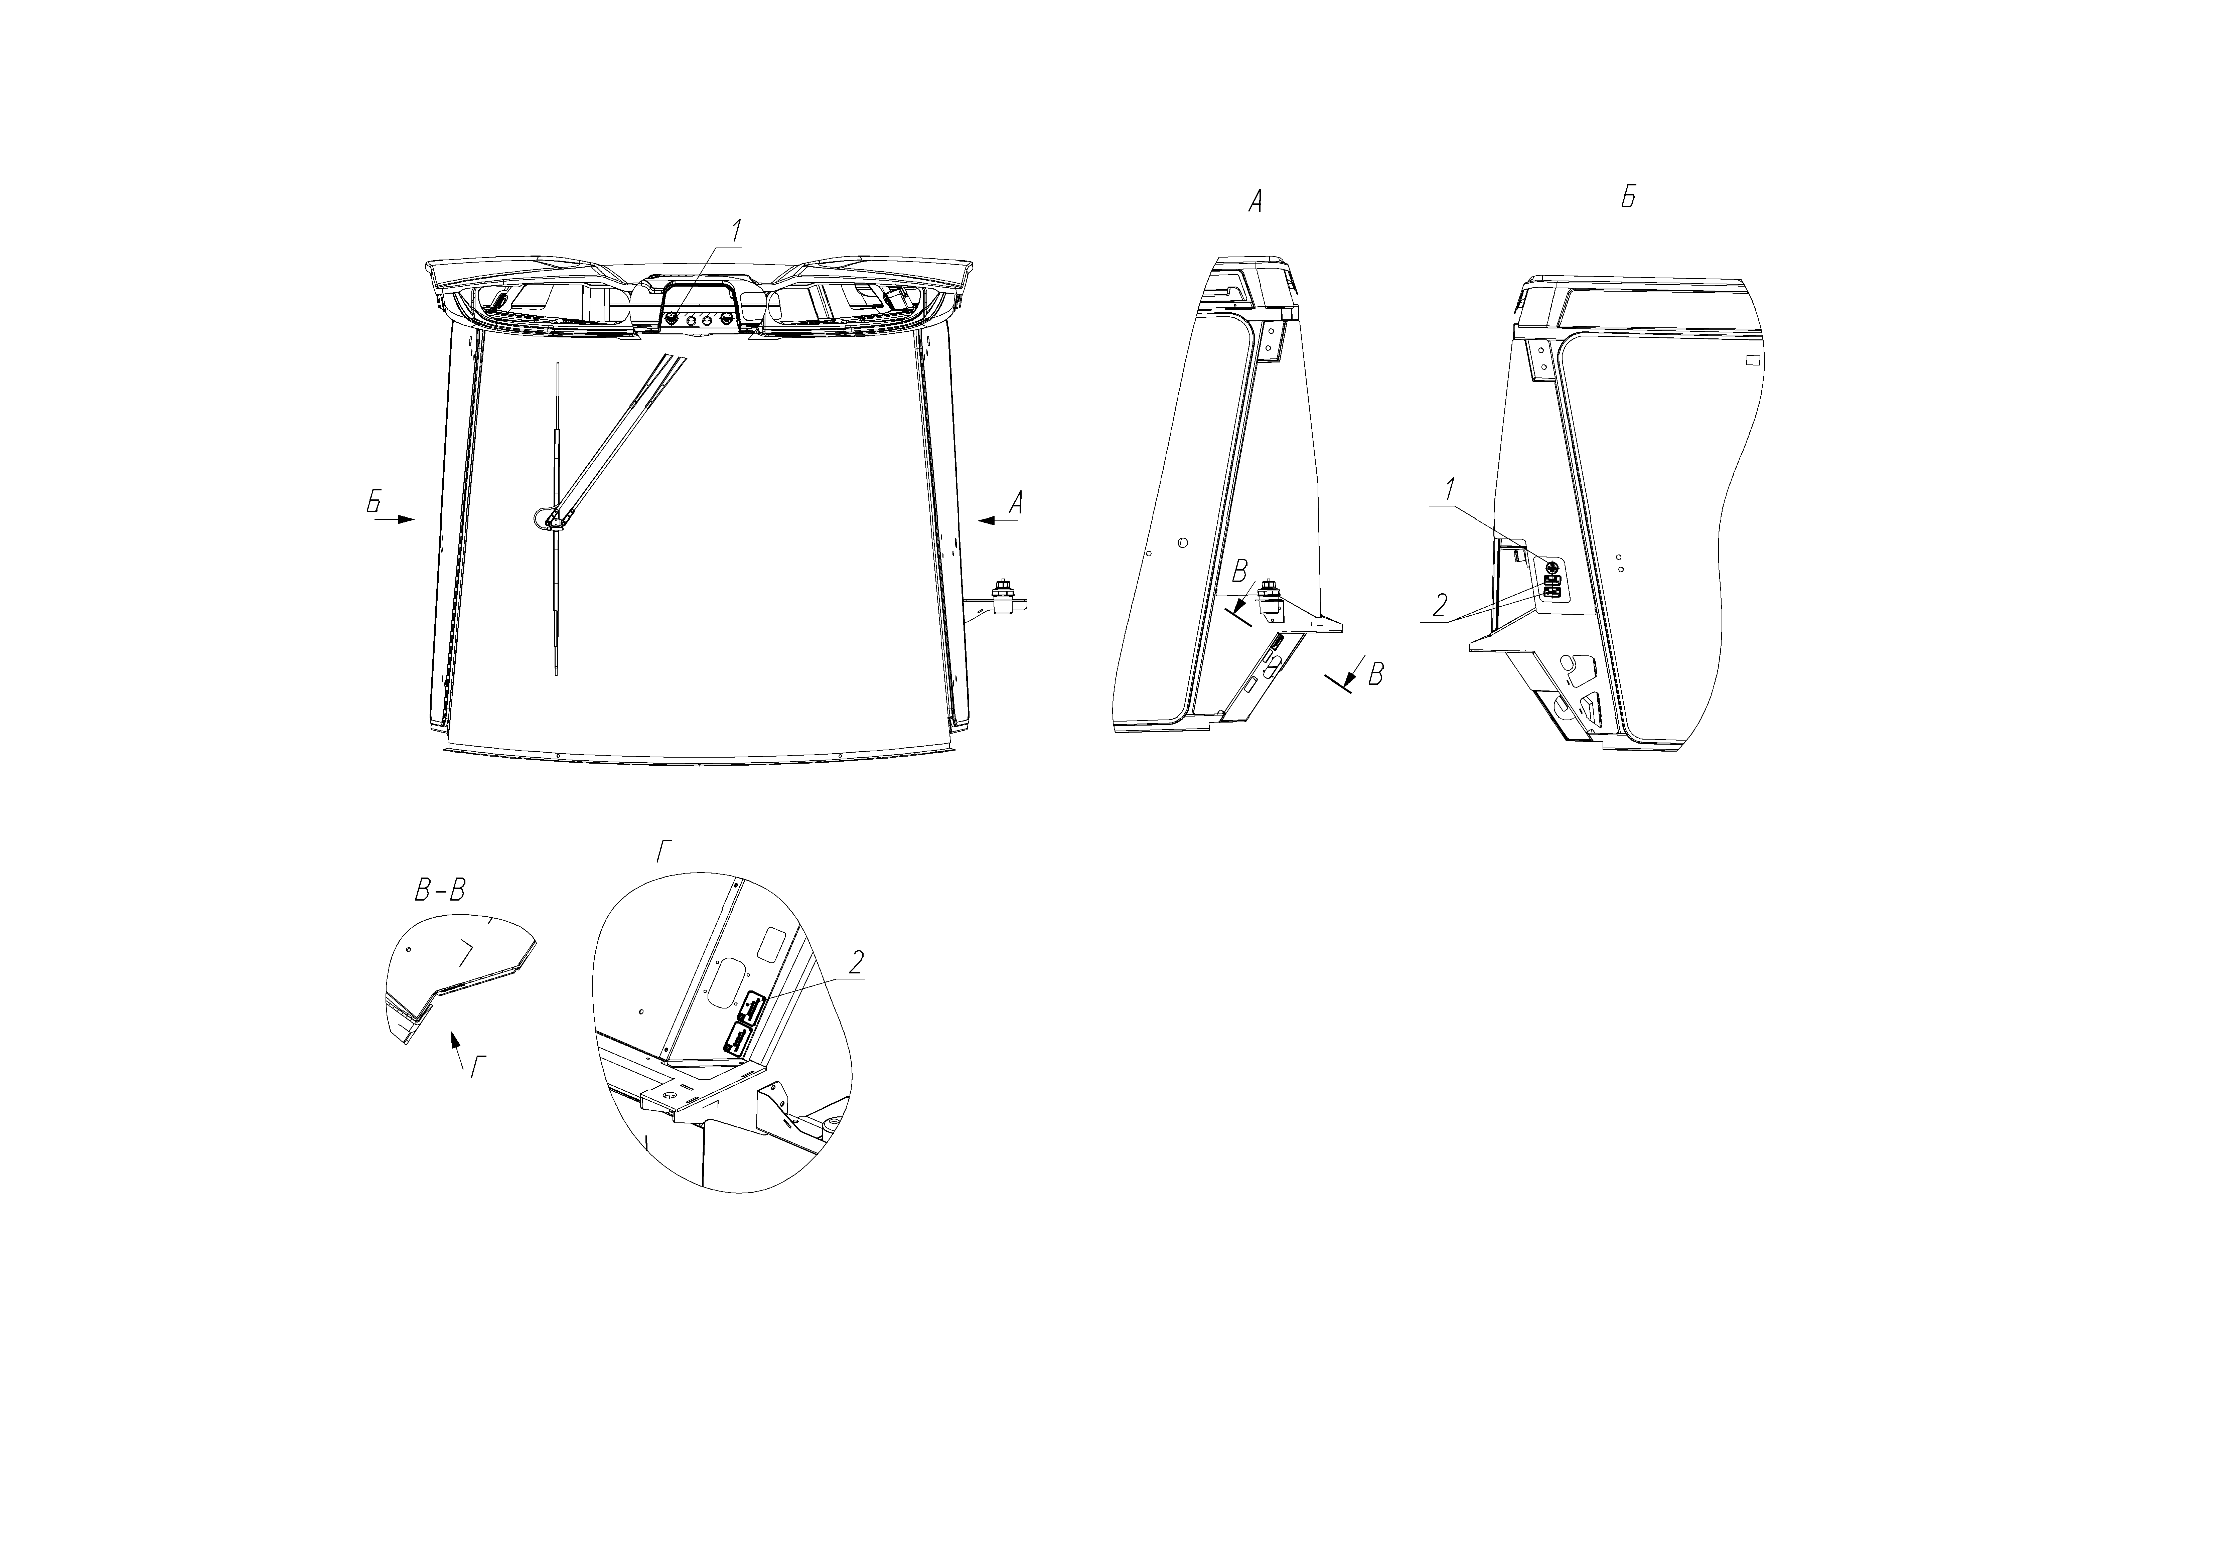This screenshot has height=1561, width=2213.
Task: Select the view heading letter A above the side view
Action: click(1255, 201)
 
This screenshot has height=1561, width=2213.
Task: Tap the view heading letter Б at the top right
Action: click(1628, 197)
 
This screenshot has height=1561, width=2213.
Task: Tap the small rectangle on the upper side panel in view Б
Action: click(1752, 360)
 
